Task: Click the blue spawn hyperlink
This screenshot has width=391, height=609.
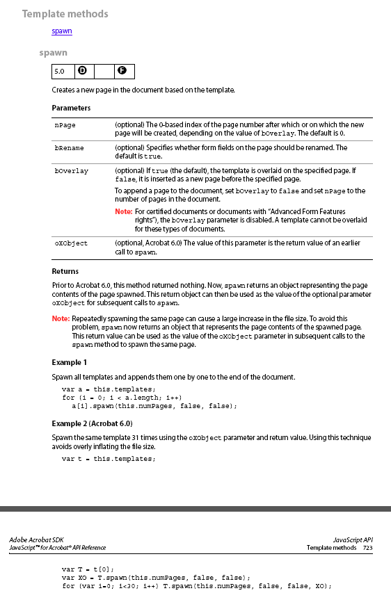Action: tap(62, 31)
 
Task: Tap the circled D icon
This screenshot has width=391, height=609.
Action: tap(82, 72)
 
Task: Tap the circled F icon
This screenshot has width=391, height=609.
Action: tap(122, 72)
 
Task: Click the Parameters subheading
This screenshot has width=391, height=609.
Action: tap(71, 108)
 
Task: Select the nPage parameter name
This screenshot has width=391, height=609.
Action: tap(65, 125)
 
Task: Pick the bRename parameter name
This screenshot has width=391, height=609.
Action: tap(68, 148)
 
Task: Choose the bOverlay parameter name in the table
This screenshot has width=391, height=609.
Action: tap(71, 171)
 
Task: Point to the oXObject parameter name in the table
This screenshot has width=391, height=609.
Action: tap(71, 244)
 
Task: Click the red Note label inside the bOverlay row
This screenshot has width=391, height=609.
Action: tap(123, 211)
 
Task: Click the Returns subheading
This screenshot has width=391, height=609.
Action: tap(65, 271)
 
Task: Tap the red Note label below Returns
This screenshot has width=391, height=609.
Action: tap(61, 318)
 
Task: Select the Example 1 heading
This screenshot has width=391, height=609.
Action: tap(70, 362)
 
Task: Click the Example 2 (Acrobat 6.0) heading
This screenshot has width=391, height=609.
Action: tap(92, 423)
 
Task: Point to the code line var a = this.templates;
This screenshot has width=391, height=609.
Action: tap(109, 389)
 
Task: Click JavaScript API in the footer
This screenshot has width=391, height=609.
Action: tap(353, 539)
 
